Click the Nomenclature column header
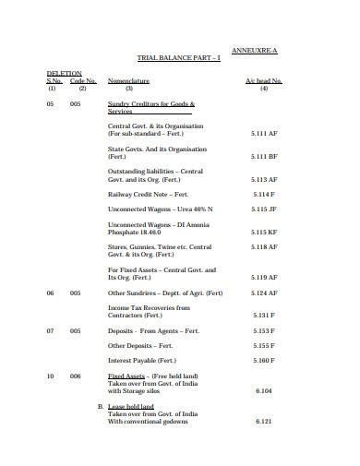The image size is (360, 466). (129, 81)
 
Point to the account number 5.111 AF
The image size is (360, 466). (265, 134)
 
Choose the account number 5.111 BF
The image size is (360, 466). (265, 157)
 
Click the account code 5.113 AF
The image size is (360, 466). (265, 179)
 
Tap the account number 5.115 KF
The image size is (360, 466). (265, 233)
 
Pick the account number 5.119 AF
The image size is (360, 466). (265, 277)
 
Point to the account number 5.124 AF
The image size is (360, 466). (265, 293)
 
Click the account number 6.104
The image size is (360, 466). (265, 390)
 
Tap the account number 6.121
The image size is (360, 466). (265, 421)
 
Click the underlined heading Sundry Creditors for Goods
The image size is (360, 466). (150, 104)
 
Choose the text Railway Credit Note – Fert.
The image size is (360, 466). (147, 195)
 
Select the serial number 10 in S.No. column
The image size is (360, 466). (52, 376)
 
